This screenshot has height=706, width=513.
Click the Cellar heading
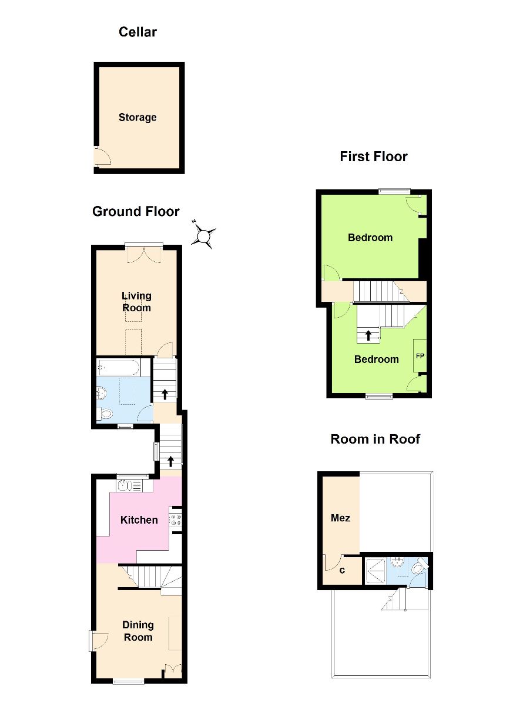point(138,32)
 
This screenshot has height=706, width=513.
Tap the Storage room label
point(138,117)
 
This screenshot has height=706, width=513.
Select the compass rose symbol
point(204,235)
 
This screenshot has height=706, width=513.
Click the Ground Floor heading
point(136,211)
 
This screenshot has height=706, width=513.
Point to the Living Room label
point(136,302)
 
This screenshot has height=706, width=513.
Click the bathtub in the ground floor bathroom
point(118,367)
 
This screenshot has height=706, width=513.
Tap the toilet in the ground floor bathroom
point(105,413)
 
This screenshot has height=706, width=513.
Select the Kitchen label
point(139,519)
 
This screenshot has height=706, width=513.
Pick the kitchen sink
point(129,485)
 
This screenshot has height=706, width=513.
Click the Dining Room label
point(138,631)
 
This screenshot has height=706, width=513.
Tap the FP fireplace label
point(420,356)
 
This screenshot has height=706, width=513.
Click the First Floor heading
point(374,156)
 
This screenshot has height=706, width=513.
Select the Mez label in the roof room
point(341,518)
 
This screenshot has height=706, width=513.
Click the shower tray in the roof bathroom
point(375,571)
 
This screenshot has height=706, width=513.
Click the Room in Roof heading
point(375,439)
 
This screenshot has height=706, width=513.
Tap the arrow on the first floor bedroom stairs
point(368,335)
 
